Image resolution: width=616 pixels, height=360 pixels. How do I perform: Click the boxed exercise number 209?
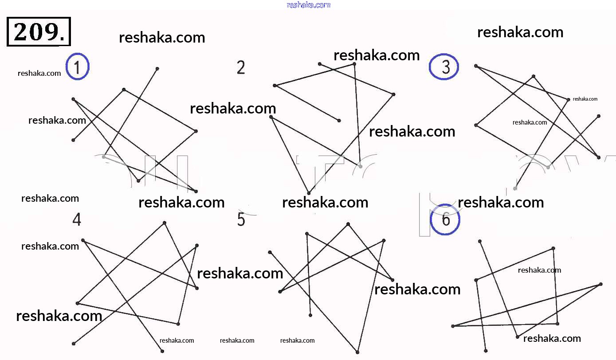pos(39,31)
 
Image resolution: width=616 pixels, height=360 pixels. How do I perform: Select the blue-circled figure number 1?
pos(78,67)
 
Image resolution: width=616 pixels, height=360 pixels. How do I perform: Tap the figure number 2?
pos(241,68)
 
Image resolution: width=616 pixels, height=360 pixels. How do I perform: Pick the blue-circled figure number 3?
pos(444,67)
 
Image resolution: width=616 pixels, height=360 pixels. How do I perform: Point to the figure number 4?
pos(77,219)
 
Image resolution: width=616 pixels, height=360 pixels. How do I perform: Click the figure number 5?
pos(241,219)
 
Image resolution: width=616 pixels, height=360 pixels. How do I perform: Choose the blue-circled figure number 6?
pos(446,219)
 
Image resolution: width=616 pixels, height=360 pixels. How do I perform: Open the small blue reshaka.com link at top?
pos(308,5)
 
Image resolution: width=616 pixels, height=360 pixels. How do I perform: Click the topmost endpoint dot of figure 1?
pos(157,69)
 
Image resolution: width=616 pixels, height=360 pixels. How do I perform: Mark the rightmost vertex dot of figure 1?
pos(196,131)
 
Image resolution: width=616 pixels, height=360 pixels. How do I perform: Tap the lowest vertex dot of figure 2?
pos(309,193)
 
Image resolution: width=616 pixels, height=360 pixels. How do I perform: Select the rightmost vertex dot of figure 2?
pos(393,94)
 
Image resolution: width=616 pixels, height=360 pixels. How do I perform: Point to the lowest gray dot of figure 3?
pos(515,188)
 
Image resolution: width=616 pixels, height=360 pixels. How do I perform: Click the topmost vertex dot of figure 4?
pos(165,223)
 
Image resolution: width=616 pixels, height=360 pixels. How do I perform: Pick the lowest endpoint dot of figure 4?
pos(162,351)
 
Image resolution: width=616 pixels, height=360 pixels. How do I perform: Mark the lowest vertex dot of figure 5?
pos(357,352)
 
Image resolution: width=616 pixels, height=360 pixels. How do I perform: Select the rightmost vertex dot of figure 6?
pos(601,284)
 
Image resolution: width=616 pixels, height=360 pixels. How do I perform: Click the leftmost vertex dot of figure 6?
pos(453,326)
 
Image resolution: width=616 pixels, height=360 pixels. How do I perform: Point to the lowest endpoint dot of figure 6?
pos(486,351)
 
